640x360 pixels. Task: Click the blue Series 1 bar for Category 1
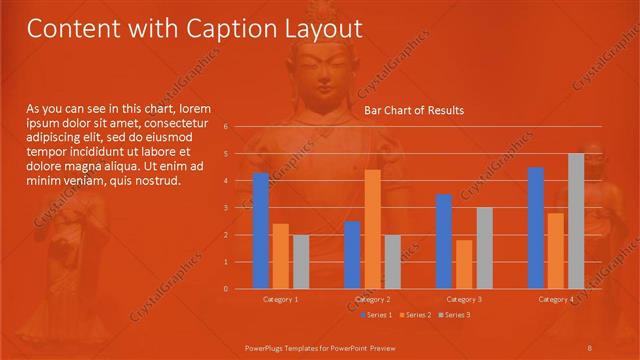[x=261, y=231]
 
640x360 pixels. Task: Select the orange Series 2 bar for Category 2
[x=372, y=229]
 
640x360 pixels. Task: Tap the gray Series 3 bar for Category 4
[x=576, y=221]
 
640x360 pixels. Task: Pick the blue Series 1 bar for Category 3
[x=444, y=241]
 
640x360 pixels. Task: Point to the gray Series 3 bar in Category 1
[x=301, y=262]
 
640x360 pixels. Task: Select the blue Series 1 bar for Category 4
[x=536, y=228]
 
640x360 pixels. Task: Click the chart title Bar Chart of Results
[x=413, y=110]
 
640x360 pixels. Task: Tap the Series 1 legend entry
[x=377, y=315]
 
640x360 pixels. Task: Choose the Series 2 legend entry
[x=416, y=315]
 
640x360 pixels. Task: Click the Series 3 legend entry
[x=455, y=315]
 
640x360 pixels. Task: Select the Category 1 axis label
[x=281, y=299]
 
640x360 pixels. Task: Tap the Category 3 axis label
[x=464, y=299]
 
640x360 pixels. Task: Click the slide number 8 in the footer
[x=590, y=347]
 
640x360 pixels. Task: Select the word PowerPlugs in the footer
[x=264, y=347]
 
